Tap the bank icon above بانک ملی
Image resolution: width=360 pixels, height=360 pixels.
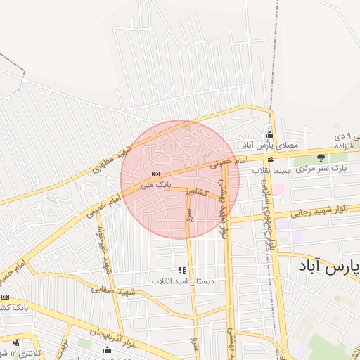(155, 174)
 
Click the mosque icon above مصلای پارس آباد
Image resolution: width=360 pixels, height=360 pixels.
(269, 135)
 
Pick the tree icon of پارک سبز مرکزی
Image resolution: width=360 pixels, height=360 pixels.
(321, 158)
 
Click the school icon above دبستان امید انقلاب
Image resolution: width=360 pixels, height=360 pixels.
(183, 270)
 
